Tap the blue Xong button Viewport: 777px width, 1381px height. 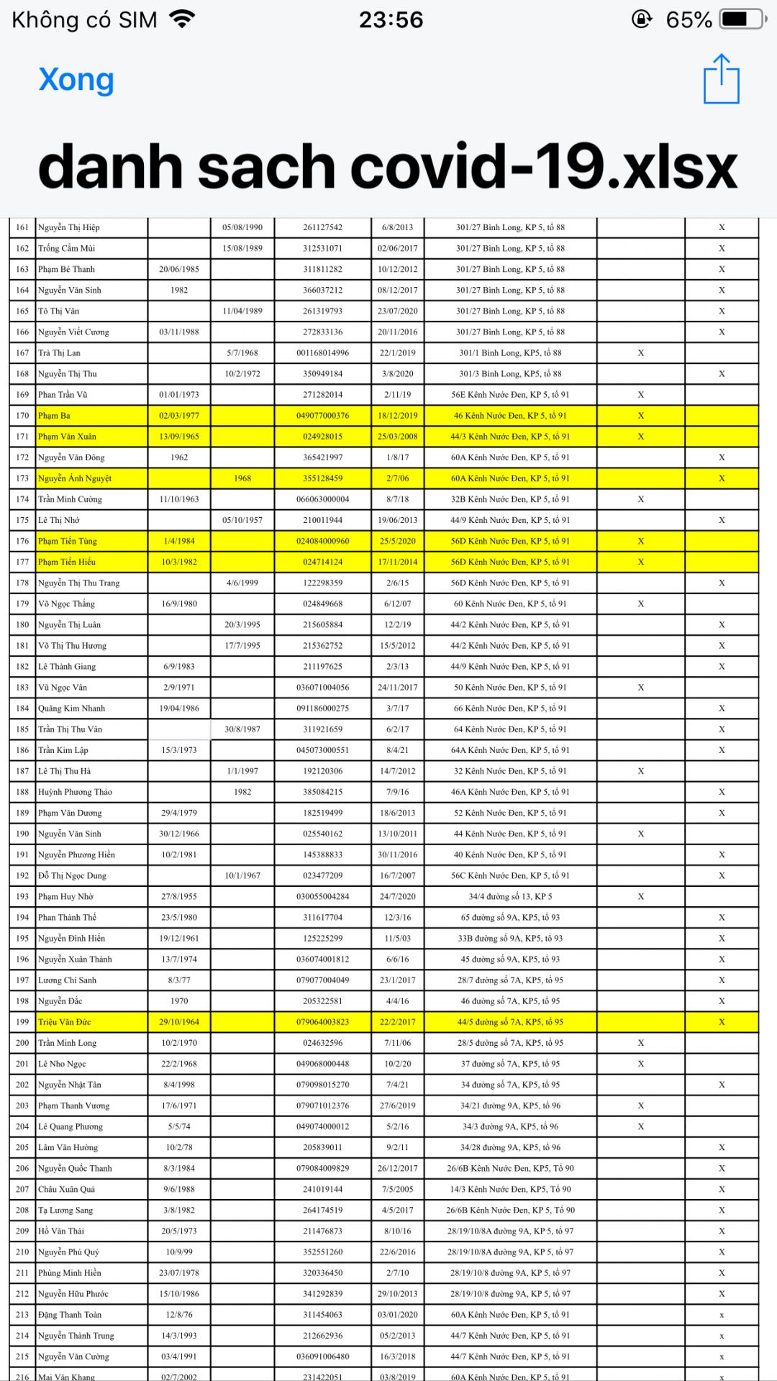[x=76, y=80]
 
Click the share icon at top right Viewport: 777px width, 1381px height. [x=721, y=79]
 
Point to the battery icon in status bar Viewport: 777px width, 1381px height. [x=742, y=19]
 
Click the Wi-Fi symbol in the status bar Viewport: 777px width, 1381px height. [x=183, y=19]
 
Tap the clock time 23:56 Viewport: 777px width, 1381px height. [x=391, y=19]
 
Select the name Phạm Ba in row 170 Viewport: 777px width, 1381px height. [x=54, y=416]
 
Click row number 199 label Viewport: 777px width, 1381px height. [x=22, y=1022]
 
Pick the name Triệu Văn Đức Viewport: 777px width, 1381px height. [x=64, y=1022]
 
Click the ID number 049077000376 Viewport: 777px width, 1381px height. [x=322, y=416]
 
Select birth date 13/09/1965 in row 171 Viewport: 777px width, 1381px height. [x=179, y=437]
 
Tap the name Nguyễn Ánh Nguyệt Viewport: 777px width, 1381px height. [x=75, y=478]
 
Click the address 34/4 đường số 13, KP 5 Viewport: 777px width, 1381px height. [x=510, y=897]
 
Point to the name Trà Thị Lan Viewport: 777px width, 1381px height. [x=59, y=353]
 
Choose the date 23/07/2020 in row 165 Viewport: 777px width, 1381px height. [x=397, y=311]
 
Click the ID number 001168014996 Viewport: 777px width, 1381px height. [x=322, y=353]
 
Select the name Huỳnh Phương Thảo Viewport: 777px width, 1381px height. [x=75, y=792]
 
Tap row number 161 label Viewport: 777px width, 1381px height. [x=22, y=227]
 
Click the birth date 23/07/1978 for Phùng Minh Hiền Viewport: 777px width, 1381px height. [x=179, y=1273]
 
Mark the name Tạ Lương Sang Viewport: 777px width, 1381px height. [x=65, y=1211]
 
